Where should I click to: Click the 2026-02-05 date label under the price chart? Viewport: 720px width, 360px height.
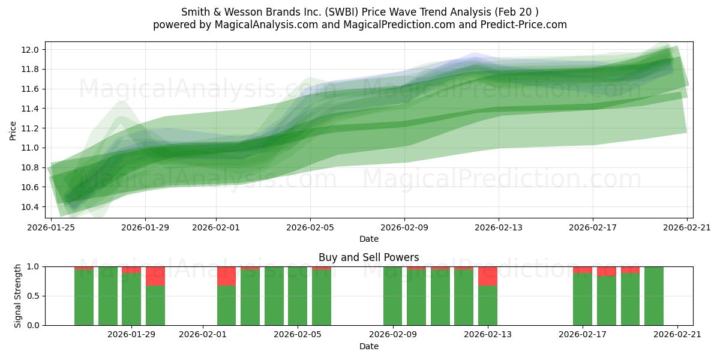pos(310,227)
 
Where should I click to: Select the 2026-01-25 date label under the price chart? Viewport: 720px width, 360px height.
pos(51,227)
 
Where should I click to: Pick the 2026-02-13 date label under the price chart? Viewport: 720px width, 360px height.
pos(499,227)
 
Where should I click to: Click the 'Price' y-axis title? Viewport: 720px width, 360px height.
pos(13,130)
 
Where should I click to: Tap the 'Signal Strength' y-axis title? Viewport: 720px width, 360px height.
pos(18,296)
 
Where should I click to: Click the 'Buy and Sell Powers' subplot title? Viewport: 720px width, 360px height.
pos(368,257)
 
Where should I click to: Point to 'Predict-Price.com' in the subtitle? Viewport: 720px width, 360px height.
pos(524,25)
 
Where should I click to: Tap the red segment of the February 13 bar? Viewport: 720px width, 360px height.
pos(488,276)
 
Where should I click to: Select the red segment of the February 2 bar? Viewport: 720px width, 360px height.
pos(226,276)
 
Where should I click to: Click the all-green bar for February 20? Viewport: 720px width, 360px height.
pos(654,296)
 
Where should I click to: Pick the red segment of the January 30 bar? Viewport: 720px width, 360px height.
pos(155,276)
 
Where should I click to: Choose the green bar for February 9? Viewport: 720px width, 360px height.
pos(392,296)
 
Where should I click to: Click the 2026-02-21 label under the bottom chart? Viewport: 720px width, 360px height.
pos(677,335)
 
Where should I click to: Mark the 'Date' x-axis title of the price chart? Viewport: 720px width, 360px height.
pos(368,239)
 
